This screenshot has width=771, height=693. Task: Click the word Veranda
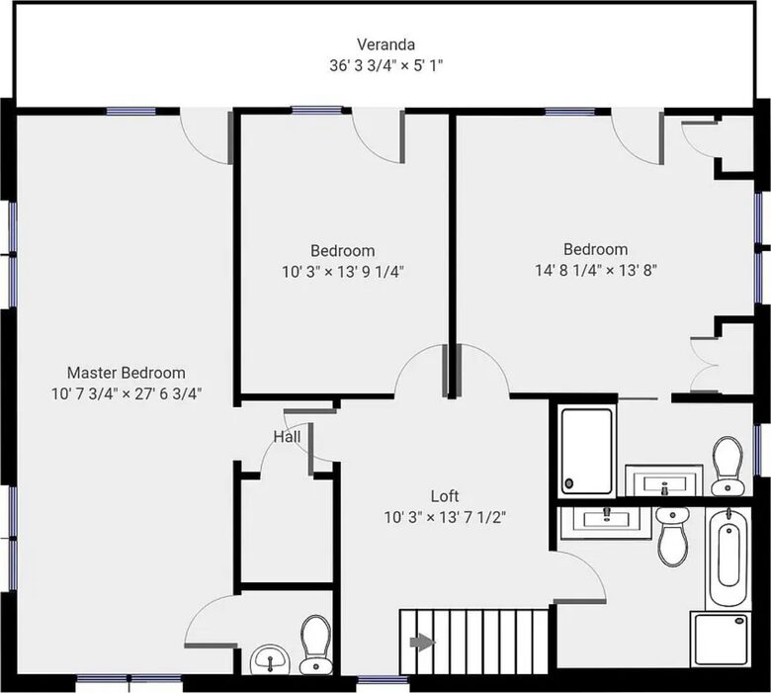(385, 44)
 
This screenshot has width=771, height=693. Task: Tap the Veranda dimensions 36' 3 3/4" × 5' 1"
(385, 65)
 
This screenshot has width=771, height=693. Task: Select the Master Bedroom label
(126, 373)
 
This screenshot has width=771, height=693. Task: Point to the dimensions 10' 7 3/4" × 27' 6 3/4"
(127, 394)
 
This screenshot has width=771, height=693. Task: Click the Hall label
(287, 437)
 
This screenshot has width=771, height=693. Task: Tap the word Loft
(445, 496)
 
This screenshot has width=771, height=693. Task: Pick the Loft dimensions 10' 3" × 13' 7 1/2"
(445, 517)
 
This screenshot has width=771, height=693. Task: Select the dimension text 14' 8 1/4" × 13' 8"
(596, 270)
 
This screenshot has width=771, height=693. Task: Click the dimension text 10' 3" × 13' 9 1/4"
(343, 272)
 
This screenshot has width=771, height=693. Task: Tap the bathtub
(728, 557)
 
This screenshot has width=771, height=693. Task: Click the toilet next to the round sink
(315, 645)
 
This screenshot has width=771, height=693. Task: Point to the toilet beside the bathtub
(673, 536)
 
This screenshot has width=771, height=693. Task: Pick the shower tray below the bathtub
(721, 639)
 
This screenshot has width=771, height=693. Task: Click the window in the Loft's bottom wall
(383, 681)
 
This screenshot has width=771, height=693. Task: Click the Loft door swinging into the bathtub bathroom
(580, 576)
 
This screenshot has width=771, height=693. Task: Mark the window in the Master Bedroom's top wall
(130, 111)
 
